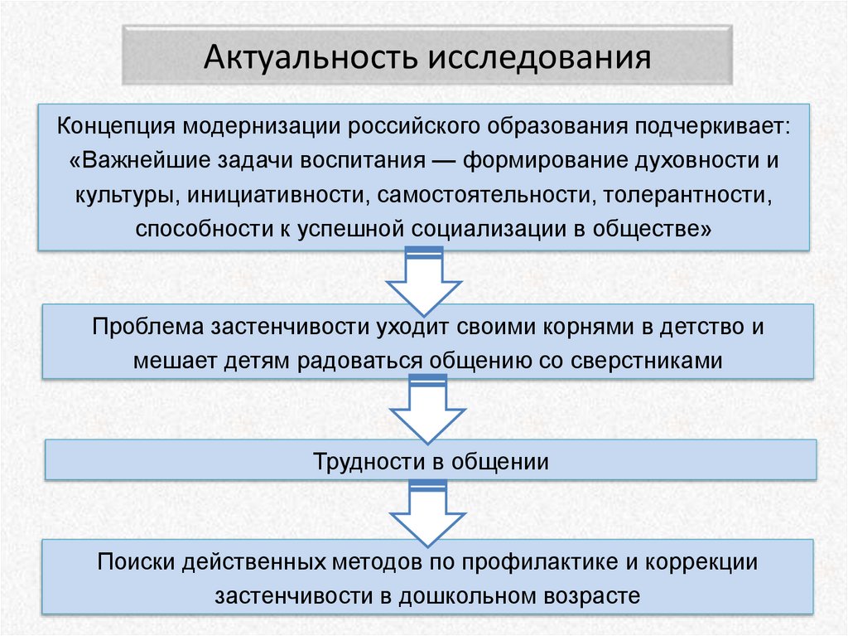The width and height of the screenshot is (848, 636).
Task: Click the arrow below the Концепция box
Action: pyautogui.click(x=424, y=278)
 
